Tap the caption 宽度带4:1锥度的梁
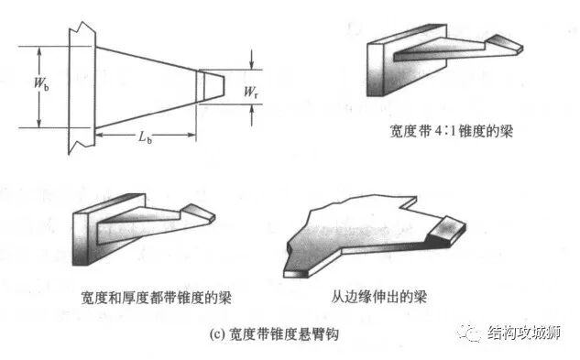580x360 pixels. [450, 131]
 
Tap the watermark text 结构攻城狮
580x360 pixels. [528, 332]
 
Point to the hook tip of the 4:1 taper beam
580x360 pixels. [505, 43]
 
